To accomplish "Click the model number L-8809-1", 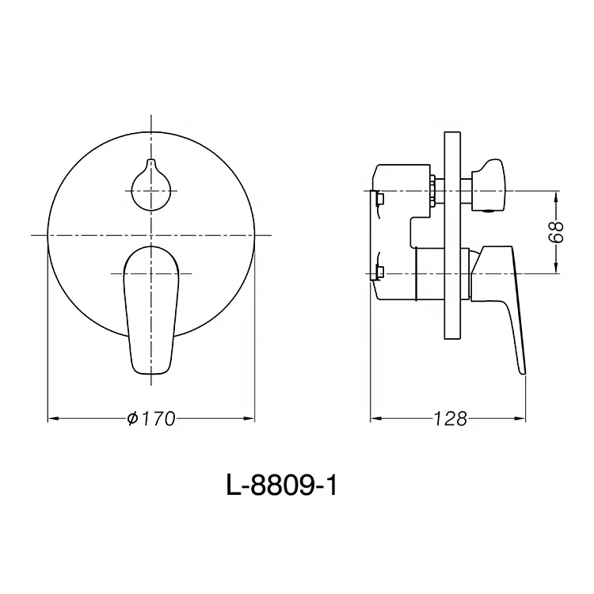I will [x=282, y=485].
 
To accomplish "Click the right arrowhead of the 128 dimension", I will [x=522, y=417].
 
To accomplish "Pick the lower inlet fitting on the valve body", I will [x=378, y=274].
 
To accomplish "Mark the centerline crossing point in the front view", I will [x=150, y=235].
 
